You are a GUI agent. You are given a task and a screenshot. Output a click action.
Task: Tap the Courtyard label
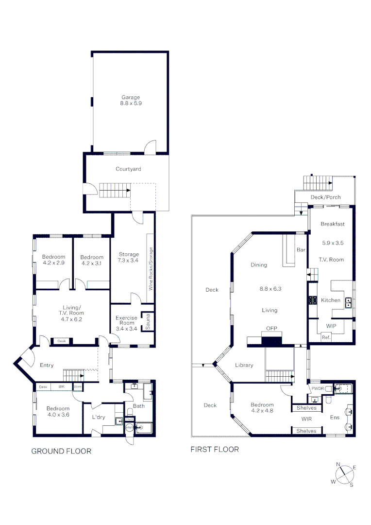click(x=128, y=169)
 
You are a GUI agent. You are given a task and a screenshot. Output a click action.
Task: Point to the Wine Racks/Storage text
click(x=151, y=269)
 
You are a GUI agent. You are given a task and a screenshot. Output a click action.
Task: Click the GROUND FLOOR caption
click(x=61, y=451)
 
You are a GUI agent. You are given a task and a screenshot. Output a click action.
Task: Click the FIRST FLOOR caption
click(x=215, y=450)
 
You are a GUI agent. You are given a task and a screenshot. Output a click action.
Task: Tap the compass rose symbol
click(x=344, y=475)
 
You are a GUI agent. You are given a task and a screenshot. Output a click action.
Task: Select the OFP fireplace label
click(x=271, y=329)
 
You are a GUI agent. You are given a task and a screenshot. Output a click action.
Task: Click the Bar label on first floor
click(x=301, y=249)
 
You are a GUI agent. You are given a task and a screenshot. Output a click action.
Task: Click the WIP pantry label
click(x=331, y=325)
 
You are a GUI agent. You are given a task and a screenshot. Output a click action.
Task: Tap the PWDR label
click(x=318, y=388)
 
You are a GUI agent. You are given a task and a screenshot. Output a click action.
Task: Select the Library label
click(x=244, y=365)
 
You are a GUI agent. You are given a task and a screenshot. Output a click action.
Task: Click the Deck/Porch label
click(x=326, y=197)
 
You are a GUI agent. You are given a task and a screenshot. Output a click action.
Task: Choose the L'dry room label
click(x=99, y=417)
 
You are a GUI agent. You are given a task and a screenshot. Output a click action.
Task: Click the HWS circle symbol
click(x=129, y=427)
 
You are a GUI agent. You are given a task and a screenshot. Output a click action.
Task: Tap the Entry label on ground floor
click(x=47, y=365)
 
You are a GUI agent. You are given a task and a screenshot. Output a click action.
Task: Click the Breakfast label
click(x=333, y=224)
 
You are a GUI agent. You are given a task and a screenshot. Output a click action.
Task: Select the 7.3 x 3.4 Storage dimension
click(x=129, y=261)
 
